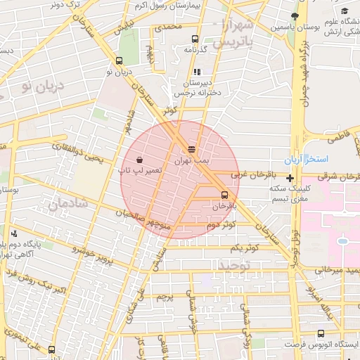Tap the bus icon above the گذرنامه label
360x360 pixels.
[194, 39]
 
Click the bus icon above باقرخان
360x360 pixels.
[224, 195]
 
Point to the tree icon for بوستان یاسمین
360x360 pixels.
[295, 16]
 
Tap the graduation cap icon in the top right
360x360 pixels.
[345, 11]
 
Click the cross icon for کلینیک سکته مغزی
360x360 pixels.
[290, 179]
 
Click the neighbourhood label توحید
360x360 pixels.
[234, 266]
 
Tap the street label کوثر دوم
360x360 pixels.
[220, 225]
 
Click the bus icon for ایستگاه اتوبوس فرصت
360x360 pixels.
[321, 334]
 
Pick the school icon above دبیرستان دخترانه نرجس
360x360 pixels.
[197, 72]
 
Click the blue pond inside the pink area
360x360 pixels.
[342, 241]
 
